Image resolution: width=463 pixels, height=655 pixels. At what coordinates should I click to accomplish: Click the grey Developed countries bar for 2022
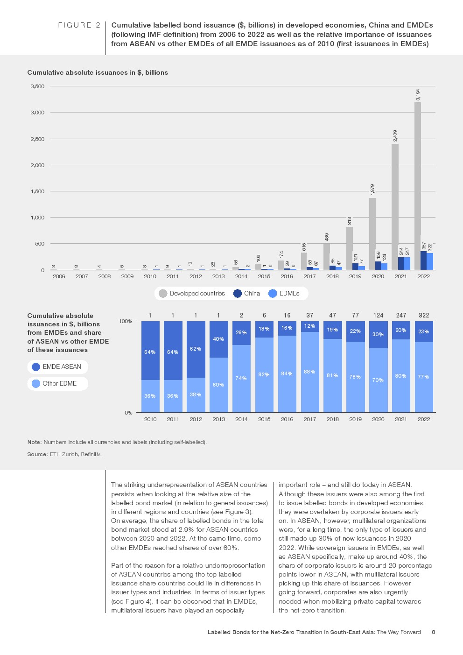tap(417, 187)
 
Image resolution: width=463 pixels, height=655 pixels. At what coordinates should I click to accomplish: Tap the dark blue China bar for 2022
tap(423, 261)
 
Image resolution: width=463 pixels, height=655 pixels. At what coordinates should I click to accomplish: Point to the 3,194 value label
tap(418, 94)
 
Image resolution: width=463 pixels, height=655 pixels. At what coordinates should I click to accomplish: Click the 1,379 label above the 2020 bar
tap(372, 190)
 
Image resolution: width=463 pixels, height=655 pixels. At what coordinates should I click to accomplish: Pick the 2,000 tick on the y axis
tap(37, 165)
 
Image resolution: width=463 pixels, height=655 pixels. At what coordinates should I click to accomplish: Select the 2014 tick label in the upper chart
tap(241, 276)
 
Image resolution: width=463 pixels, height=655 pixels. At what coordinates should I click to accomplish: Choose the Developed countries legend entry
tap(192, 294)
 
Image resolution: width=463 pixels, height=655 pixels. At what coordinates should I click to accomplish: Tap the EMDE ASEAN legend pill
tap(57, 367)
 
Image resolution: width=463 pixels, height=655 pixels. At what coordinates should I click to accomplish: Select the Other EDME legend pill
tap(57, 384)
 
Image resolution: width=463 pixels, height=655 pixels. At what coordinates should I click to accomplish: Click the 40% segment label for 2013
tap(218, 339)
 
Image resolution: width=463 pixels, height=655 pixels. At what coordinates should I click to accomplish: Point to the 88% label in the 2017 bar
tap(309, 372)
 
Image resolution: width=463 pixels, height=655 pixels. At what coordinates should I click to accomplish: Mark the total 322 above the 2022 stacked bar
tap(424, 316)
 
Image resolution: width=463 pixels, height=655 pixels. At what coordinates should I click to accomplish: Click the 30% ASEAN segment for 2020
tap(378, 334)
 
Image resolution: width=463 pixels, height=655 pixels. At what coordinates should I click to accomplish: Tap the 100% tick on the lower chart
tap(126, 322)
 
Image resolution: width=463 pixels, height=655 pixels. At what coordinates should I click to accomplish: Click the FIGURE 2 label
tap(79, 25)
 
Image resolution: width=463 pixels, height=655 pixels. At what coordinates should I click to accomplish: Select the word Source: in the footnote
tap(37, 454)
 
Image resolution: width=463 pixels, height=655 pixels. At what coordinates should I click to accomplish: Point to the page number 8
tap(434, 633)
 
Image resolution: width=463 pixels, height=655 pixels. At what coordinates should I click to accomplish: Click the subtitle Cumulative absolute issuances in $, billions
tap(98, 73)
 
